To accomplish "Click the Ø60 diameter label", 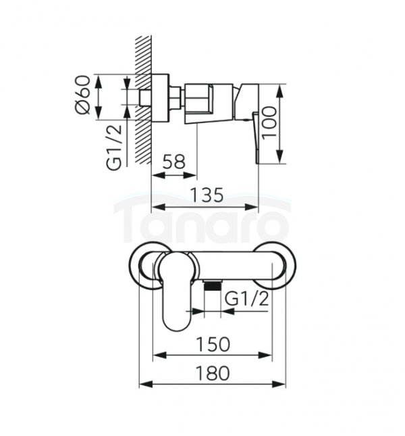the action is point(83,94).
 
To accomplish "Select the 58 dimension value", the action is point(173,162).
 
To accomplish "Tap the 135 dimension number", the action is point(207,195).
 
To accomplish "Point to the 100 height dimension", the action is point(269,123).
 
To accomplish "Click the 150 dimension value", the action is point(213,344).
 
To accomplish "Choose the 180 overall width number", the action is point(213,373).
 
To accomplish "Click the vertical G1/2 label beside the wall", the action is point(114,147).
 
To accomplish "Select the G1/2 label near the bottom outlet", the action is point(246,299).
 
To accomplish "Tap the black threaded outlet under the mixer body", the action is point(213,285).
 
